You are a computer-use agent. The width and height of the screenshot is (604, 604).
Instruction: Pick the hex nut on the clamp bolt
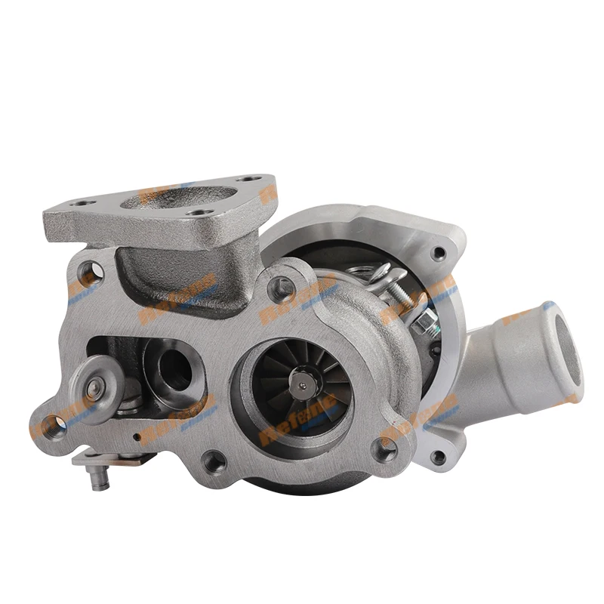(x=427, y=327)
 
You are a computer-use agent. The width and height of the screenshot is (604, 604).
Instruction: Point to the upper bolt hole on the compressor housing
(x=439, y=253)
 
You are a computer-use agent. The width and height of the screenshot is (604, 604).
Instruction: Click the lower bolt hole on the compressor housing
(x=439, y=456)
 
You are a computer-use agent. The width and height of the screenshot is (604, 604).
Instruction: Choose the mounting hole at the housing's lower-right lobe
(x=387, y=450)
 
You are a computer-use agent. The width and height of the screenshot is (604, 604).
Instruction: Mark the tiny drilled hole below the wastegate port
(x=140, y=436)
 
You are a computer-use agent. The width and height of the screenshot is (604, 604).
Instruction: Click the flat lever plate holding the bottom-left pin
(x=113, y=459)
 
